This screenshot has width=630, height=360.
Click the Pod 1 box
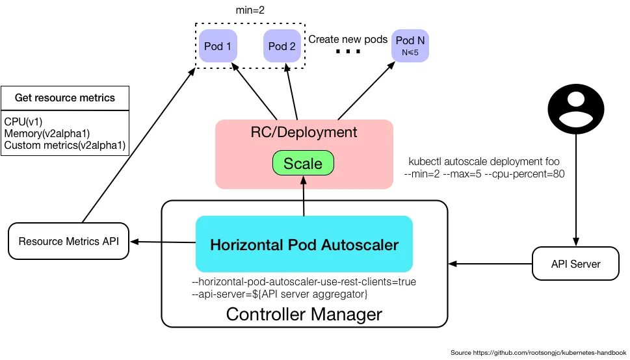[218, 45]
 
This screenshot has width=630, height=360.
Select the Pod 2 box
[282, 45]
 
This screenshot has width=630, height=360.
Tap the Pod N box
[410, 45]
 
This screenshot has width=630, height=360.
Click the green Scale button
[304, 163]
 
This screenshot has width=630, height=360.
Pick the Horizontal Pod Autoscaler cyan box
[304, 244]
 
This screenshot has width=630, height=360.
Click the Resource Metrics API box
[69, 241]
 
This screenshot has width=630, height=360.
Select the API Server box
[576, 264]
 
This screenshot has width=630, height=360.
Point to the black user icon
[576, 109]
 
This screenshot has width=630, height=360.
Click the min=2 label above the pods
[250, 10]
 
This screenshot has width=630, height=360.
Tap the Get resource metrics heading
[64, 97]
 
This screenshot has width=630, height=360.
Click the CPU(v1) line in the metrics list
[23, 122]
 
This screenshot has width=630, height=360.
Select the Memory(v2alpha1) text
[47, 133]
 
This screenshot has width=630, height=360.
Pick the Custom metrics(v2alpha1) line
[64, 145]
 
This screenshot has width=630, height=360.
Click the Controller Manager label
[304, 314]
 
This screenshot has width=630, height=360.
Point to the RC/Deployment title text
[304, 132]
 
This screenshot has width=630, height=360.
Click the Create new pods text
[348, 40]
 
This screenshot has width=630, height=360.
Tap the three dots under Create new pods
[348, 51]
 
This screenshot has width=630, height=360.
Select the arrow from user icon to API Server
[576, 190]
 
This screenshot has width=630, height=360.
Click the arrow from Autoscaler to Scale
[304, 196]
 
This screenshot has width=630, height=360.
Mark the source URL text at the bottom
[538, 353]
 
